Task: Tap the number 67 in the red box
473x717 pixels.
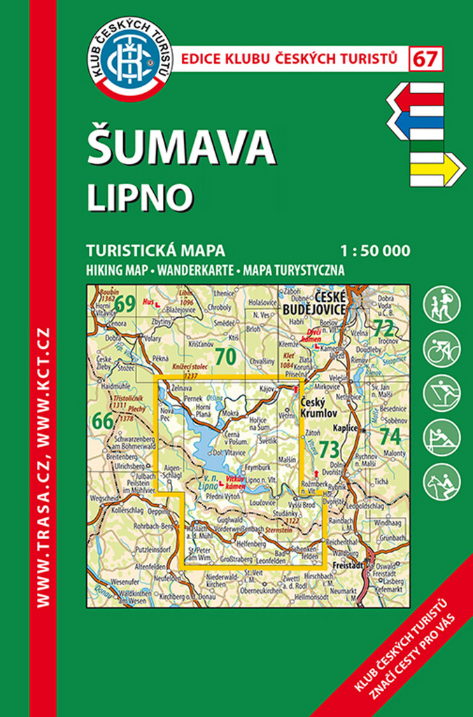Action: tap(427, 60)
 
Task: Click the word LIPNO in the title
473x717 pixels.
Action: tap(140, 197)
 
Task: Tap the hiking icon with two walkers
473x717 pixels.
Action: tap(442, 305)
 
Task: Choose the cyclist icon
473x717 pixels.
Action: tap(442, 349)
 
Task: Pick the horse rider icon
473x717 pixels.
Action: tap(442, 482)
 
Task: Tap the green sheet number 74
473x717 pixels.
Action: tap(391, 435)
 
